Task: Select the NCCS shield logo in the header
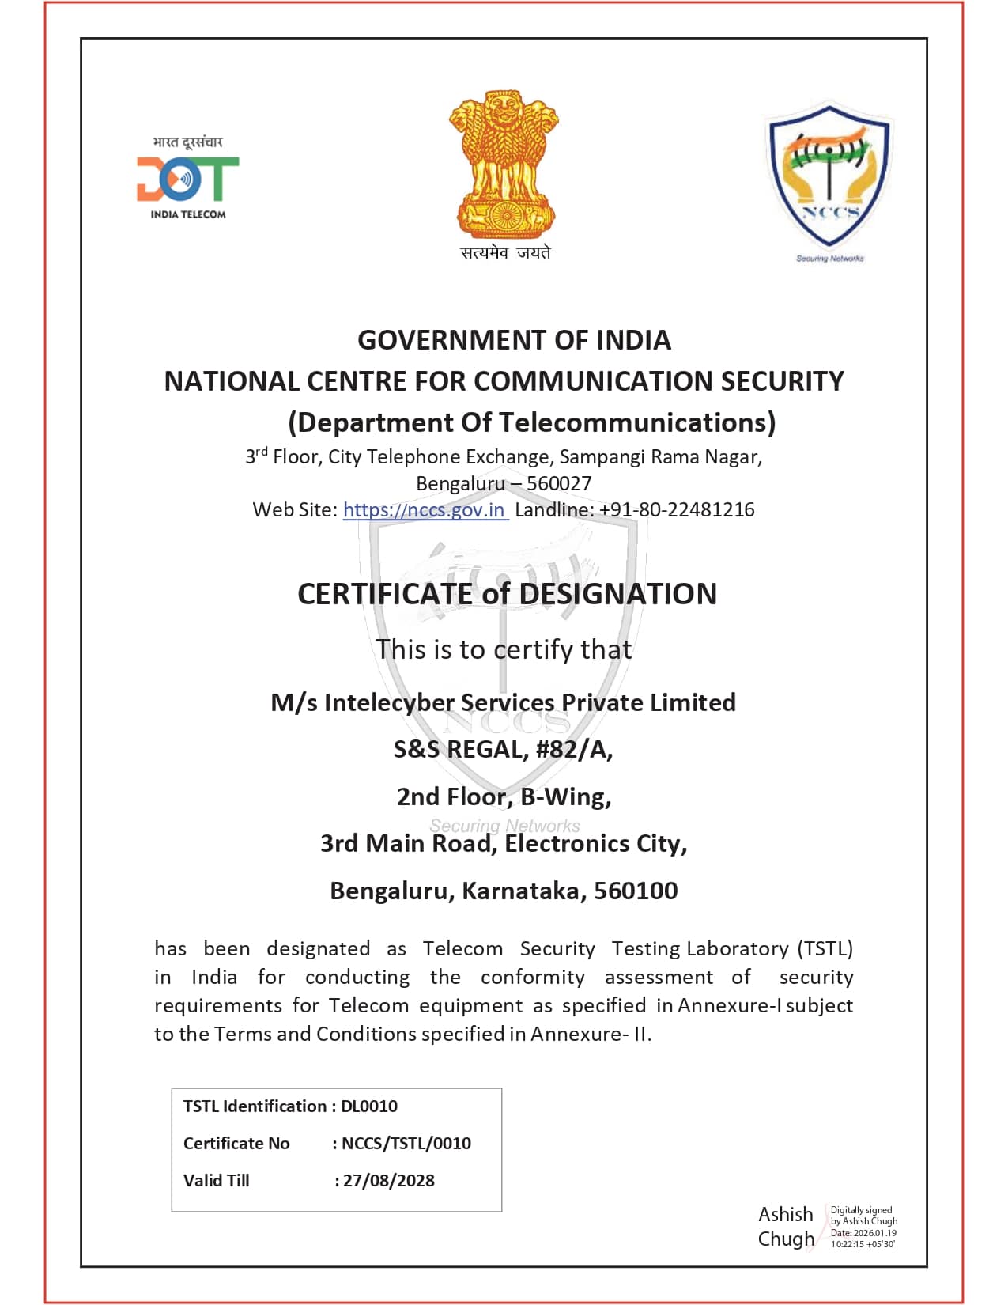[x=829, y=178]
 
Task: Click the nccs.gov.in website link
[x=425, y=509]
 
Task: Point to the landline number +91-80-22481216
[x=677, y=509]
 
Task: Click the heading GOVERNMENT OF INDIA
[x=514, y=340]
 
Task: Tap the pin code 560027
[x=559, y=483]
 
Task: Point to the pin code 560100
[x=636, y=891]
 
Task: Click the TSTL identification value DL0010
[x=369, y=1106]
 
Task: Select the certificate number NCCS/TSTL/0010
[x=406, y=1143]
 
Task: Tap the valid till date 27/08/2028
[x=389, y=1180]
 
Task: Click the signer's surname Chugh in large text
[x=786, y=1239]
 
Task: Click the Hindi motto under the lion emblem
[x=505, y=253]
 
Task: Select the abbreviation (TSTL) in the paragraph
[x=825, y=948]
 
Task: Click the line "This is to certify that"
[x=504, y=649]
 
